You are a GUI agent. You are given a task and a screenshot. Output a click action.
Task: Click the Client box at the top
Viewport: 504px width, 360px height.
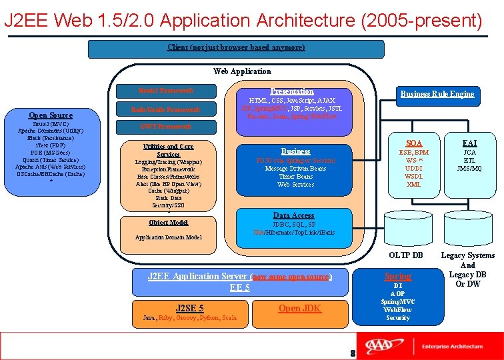pos(236,48)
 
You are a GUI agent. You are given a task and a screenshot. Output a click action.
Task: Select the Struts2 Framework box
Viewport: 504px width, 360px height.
pos(167,90)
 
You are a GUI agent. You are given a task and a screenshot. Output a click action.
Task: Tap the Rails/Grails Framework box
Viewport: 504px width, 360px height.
pos(167,109)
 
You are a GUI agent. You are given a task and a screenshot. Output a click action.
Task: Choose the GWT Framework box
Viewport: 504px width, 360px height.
pos(167,126)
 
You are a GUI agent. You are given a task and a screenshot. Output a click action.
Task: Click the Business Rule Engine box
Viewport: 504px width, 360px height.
pos(437,94)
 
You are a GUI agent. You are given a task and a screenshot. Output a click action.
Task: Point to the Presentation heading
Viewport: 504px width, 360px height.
pos(292,91)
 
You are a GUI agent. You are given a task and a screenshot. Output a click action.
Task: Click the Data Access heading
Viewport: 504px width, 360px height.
pos(294,215)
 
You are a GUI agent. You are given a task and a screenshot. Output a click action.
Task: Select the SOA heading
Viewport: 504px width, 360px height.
pos(414,143)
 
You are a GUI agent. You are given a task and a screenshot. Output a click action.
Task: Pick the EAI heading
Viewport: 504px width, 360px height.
pos(469,143)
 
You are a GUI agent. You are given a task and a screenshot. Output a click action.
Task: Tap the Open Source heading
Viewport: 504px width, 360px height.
pos(51,115)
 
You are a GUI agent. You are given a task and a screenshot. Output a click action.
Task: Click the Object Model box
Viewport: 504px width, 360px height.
pos(168,223)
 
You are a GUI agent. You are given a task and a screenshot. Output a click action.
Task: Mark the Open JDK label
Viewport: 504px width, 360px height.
pos(299,308)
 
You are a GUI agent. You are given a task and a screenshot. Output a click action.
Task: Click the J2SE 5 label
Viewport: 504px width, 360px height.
pos(190,308)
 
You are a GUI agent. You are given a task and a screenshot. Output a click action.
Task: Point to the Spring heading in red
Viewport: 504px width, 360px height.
pos(398,276)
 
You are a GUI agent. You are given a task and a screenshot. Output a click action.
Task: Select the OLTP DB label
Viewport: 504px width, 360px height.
pos(406,255)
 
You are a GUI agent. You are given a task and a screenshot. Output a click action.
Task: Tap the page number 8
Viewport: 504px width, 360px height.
pos(353,353)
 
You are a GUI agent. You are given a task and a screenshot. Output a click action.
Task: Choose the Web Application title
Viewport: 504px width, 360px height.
pos(242,71)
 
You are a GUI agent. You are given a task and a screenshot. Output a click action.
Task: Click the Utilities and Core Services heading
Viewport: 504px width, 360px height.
pos(168,150)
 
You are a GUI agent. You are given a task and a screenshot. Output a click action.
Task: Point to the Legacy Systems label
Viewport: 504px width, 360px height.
pos(467,255)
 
